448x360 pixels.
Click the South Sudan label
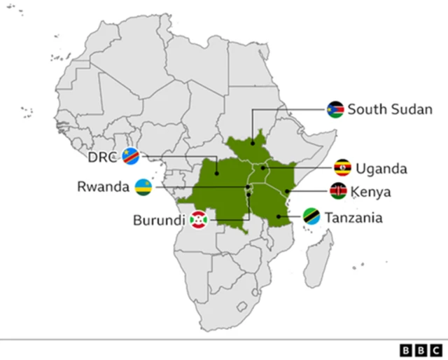coord(390,109)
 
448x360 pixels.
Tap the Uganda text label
coord(381,168)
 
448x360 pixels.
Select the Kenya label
coord(371,191)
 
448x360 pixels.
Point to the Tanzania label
coord(353,218)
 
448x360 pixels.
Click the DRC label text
coord(102,156)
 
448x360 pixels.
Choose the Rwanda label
coord(104,187)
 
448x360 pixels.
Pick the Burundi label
coord(159,220)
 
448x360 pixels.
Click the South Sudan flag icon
coord(335,109)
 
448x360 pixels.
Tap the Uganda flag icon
coord(342,168)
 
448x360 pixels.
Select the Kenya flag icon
coord(338,191)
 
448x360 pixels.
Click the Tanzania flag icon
coord(311,217)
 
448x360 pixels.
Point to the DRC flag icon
coord(130,156)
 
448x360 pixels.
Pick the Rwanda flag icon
coord(143,187)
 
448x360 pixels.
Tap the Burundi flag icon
coord(199,220)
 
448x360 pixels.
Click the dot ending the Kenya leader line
coord(288,191)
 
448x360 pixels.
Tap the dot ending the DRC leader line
coord(216,173)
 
